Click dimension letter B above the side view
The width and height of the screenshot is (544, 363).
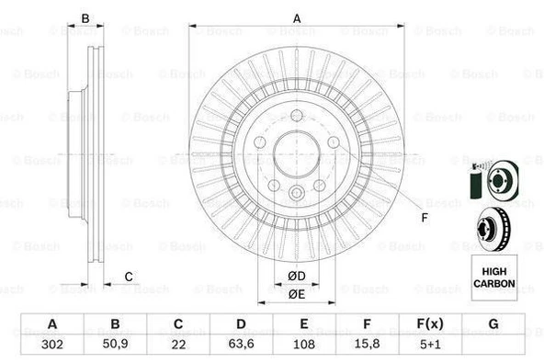click(85, 18)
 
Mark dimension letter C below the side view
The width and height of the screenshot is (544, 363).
click(129, 277)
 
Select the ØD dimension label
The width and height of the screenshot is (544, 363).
click(296, 276)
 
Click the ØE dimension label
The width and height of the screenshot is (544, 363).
click(296, 293)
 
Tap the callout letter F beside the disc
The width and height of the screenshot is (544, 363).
click(424, 217)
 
